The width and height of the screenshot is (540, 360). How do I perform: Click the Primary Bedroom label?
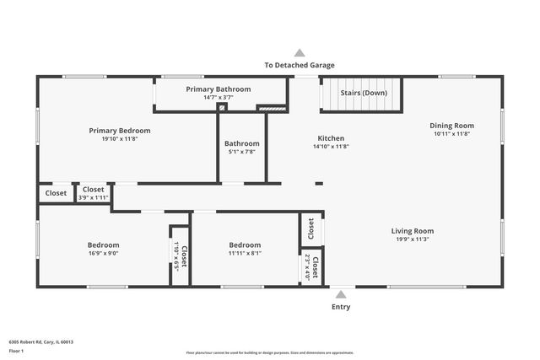120,131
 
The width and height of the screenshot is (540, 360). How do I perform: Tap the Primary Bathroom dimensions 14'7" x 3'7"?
218,98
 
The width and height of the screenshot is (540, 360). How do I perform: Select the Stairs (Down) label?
364,93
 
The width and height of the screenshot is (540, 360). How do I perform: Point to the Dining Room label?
452,125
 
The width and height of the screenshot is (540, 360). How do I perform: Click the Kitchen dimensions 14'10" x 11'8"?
331,147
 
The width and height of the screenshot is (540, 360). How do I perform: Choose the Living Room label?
412,231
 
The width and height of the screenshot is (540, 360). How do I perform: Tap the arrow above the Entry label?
340,295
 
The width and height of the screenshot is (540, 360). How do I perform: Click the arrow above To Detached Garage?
299,52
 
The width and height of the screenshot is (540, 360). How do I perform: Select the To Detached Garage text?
299,65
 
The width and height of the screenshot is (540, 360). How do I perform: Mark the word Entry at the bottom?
340,307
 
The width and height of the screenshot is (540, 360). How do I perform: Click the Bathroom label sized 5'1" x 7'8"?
242,143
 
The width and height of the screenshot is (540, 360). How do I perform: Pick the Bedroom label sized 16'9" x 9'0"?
103,244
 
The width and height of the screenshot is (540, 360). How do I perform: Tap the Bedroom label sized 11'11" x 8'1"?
245,244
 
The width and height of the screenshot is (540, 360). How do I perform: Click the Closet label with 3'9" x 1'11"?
92,190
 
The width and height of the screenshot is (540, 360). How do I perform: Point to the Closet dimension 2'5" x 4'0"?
307,267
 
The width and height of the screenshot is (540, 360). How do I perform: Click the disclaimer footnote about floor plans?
270,353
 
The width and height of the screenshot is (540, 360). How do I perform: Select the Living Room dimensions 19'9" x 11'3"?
412,239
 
